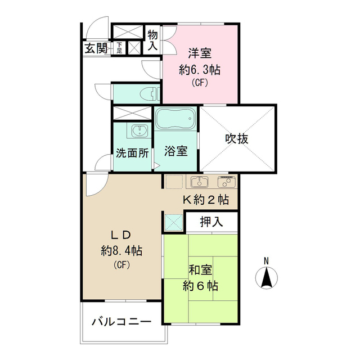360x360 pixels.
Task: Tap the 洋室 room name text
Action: (199, 54)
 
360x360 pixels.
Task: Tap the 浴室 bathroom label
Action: (175, 151)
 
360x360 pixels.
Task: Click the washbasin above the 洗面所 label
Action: (138, 132)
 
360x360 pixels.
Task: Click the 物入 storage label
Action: (153, 40)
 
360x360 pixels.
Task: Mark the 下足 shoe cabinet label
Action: (120, 48)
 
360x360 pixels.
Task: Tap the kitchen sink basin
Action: (200, 182)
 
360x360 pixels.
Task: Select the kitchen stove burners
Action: (226, 182)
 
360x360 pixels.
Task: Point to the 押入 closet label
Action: (211, 222)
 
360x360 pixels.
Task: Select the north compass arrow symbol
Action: (268, 277)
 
